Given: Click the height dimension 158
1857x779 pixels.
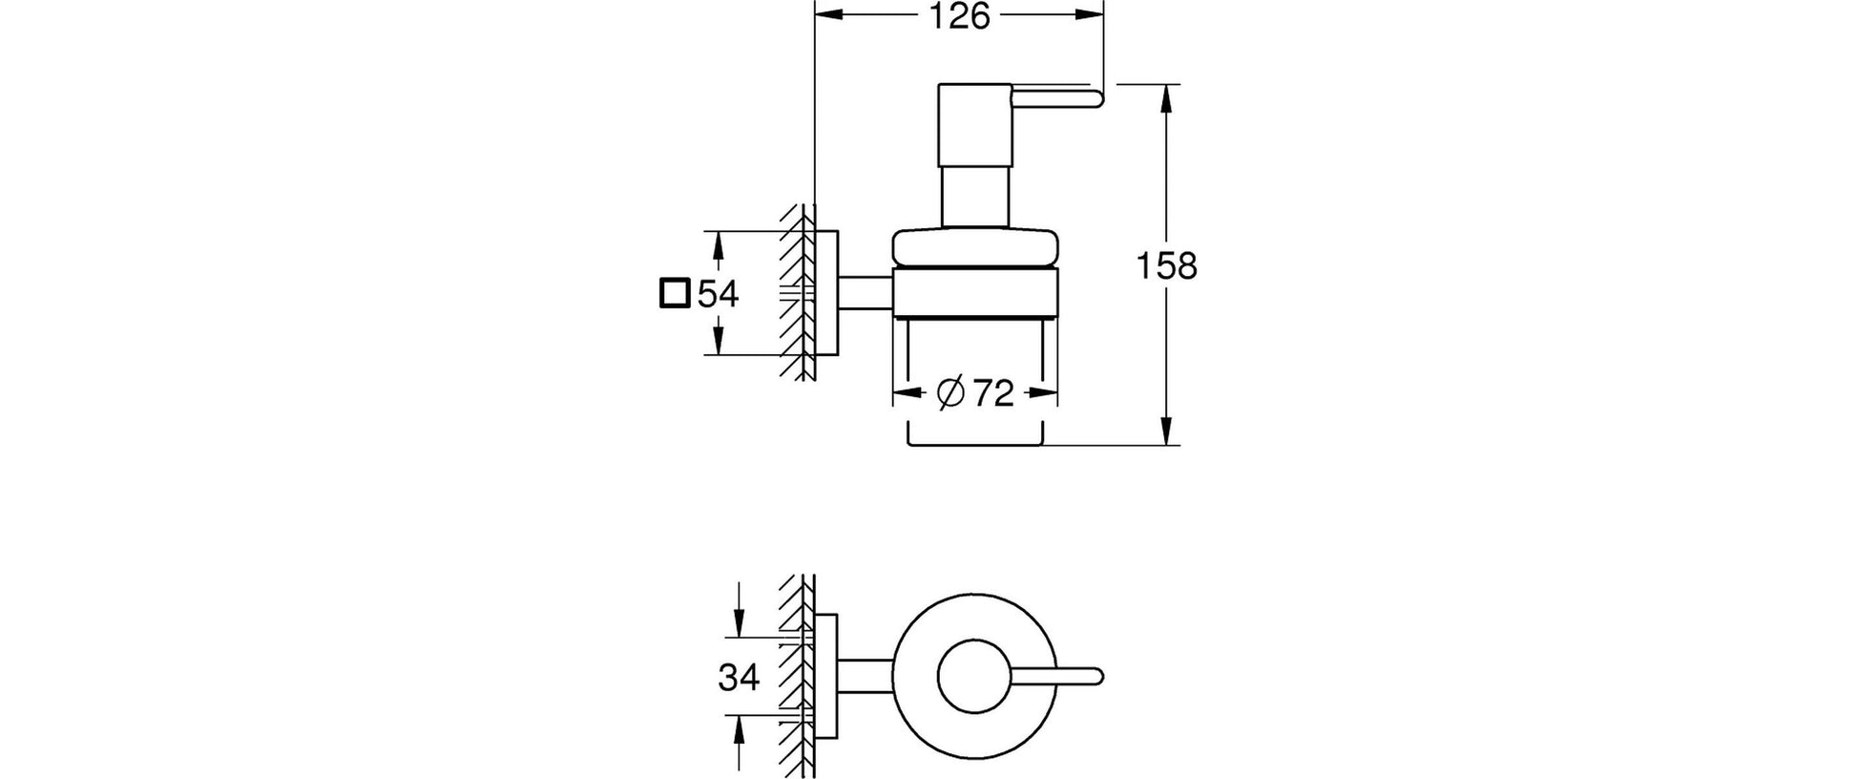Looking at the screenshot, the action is (x=1167, y=266).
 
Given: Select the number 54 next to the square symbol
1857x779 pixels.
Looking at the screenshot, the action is (x=719, y=294).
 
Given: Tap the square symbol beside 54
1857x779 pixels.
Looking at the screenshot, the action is (x=674, y=294).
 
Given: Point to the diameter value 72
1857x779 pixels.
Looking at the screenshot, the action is (x=992, y=392).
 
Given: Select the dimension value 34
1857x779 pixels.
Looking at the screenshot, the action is (x=739, y=678).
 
